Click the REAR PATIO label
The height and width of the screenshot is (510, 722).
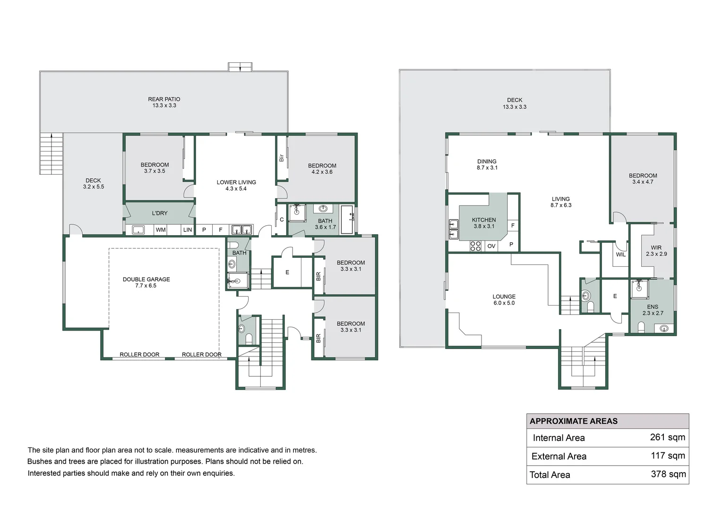coord(164,102)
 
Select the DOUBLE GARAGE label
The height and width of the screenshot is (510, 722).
coord(146,282)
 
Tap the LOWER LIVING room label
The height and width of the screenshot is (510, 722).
coord(236,185)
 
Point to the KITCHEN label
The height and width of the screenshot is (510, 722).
coord(484,223)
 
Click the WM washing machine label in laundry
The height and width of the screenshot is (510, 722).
coord(161,230)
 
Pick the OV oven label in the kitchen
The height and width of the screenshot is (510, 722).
coord(491,246)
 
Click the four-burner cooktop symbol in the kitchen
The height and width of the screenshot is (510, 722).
coord(475,246)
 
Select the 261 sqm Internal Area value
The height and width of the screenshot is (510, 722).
coord(667,437)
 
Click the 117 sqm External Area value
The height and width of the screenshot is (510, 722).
coord(667,456)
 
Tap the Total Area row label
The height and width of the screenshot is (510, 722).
coord(550,475)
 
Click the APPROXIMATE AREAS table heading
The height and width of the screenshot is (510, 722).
coord(573,421)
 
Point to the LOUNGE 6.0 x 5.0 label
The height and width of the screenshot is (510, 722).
coord(504,300)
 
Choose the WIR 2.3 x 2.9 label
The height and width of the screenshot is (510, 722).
coord(656,251)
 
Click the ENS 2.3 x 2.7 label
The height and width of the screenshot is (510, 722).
coord(653,310)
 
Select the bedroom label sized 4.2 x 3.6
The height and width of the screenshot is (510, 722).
coord(322,169)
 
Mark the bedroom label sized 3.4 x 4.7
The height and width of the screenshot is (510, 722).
coord(643,178)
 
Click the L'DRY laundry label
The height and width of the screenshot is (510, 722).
coord(160,213)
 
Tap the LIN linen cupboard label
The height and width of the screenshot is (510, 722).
coord(188,230)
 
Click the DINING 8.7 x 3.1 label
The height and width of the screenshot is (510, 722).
coord(487,164)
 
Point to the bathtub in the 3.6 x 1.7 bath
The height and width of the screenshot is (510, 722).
coord(347,220)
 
